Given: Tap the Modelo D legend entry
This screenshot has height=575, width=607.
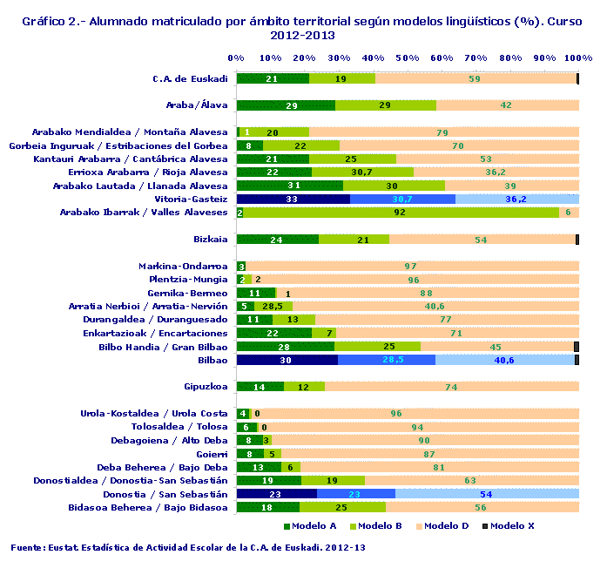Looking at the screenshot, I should (448, 525).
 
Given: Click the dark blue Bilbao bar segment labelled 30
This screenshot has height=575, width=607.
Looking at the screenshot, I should (287, 360).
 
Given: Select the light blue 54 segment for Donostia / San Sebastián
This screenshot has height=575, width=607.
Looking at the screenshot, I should (487, 494).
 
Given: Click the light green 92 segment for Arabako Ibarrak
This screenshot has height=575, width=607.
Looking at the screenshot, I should (401, 212).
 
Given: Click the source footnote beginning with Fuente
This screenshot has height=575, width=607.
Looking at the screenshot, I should (187, 548).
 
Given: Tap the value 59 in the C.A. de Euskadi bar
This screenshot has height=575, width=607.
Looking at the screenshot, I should (475, 78).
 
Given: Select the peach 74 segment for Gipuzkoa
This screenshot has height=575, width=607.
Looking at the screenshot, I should (451, 387).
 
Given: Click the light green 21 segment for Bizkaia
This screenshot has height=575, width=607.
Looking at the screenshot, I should (354, 239).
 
